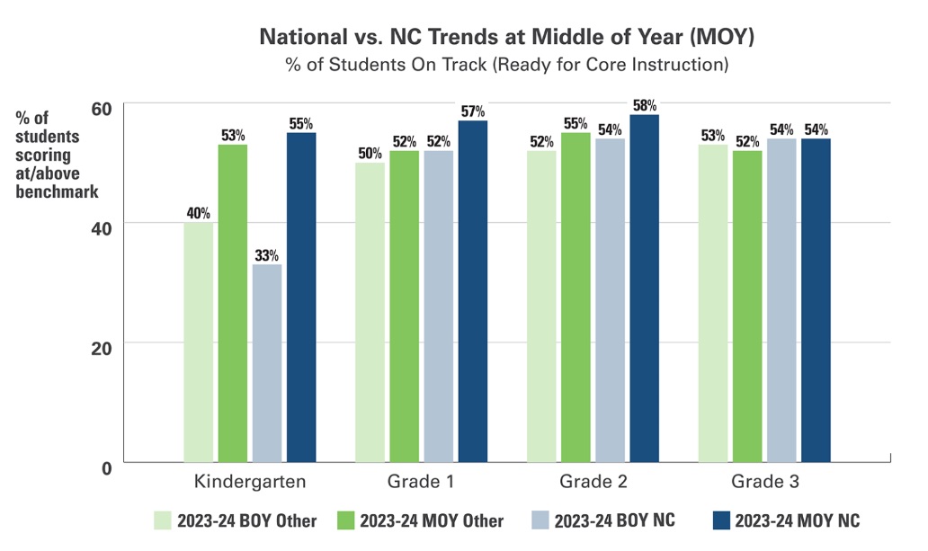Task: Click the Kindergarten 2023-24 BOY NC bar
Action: pyautogui.click(x=267, y=363)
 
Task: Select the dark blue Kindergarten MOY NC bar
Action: pyautogui.click(x=301, y=298)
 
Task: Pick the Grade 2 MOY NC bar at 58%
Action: pyautogui.click(x=645, y=289)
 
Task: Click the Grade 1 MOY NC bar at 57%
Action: pyautogui.click(x=473, y=291)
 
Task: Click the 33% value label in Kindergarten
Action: pyautogui.click(x=267, y=255)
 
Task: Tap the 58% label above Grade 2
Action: pyautogui.click(x=645, y=105)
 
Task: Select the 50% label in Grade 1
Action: pyautogui.click(x=370, y=153)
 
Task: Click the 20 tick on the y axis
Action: pyautogui.click(x=102, y=347)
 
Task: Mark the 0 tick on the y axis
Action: pyautogui.click(x=106, y=467)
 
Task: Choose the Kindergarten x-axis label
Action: pyautogui.click(x=250, y=482)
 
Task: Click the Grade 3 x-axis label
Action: pyautogui.click(x=764, y=482)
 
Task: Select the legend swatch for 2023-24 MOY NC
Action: pyautogui.click(x=719, y=520)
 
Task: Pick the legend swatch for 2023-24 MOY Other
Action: pyautogui.click(x=344, y=520)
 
